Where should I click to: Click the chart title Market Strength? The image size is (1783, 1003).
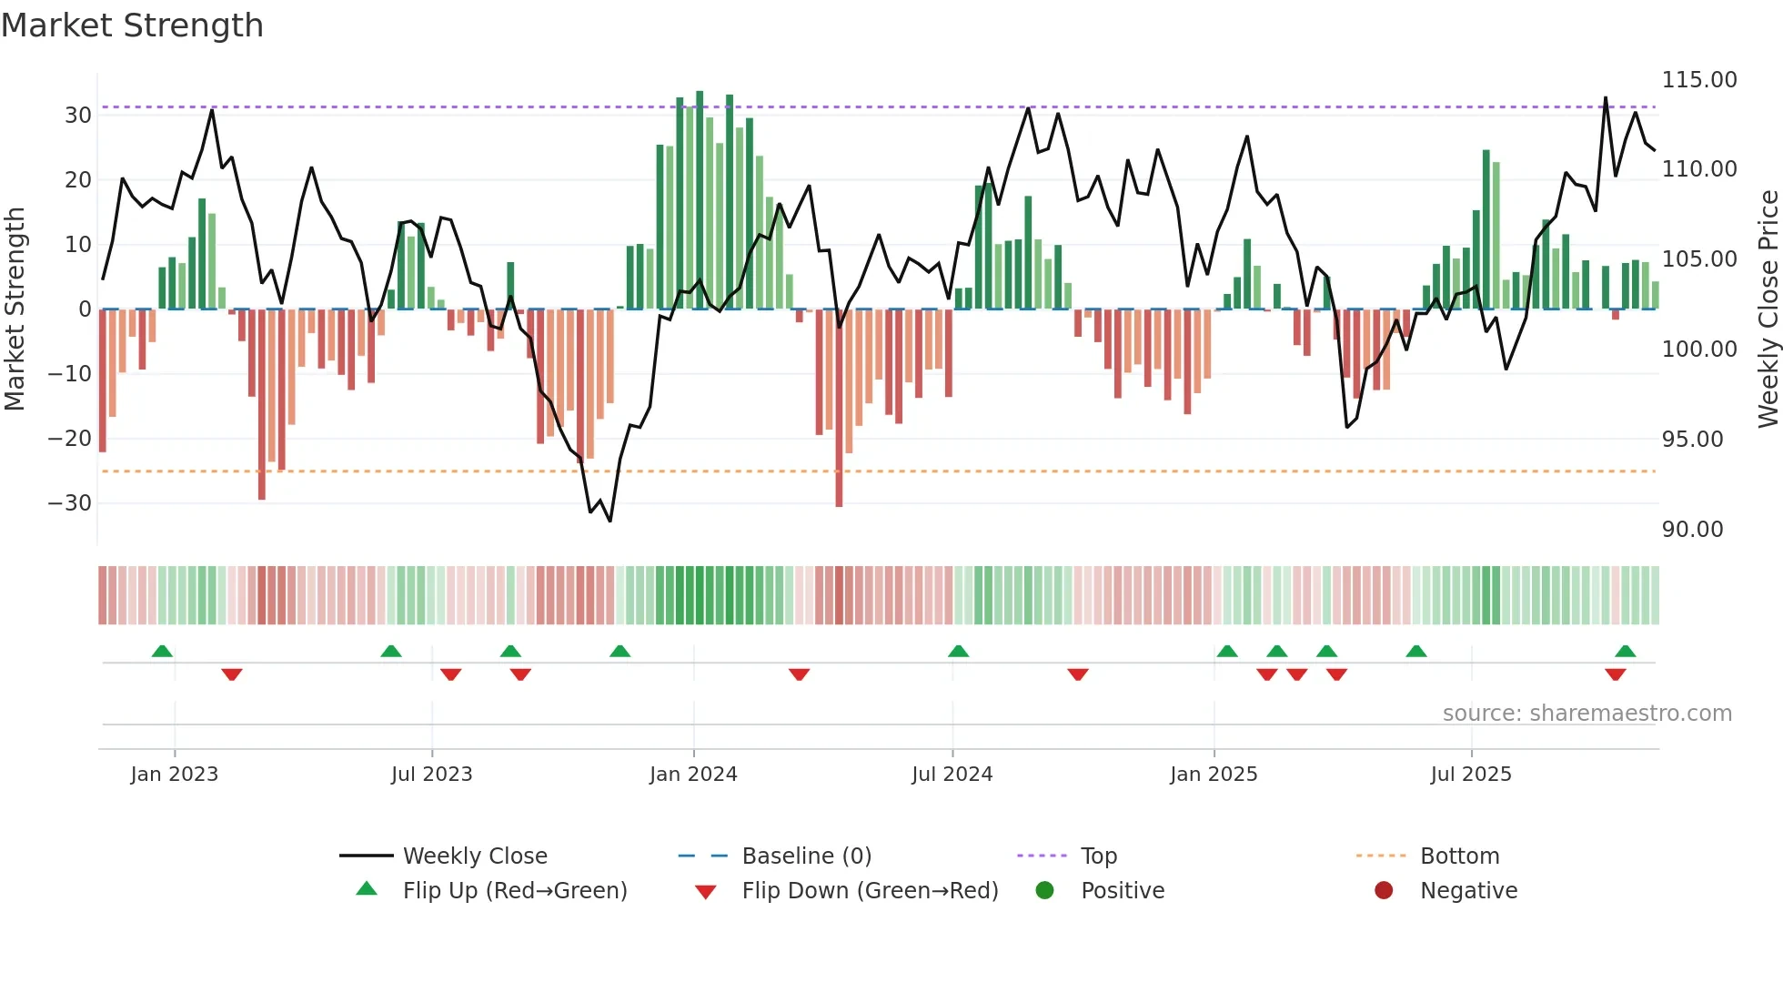click(x=132, y=25)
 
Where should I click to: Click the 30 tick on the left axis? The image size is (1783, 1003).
click(x=78, y=116)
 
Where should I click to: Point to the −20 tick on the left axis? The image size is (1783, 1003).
click(x=71, y=439)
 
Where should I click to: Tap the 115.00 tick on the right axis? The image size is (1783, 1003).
click(x=1698, y=80)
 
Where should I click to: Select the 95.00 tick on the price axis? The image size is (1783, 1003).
click(x=1692, y=440)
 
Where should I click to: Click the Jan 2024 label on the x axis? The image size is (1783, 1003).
click(x=693, y=775)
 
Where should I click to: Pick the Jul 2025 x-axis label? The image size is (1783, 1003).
click(x=1470, y=775)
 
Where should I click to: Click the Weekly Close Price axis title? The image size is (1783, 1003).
click(x=1768, y=309)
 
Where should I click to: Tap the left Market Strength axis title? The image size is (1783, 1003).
click(x=15, y=309)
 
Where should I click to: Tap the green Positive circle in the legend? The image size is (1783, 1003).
click(x=1044, y=891)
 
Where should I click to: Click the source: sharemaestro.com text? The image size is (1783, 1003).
click(x=1587, y=714)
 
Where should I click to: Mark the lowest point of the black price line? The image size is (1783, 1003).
click(x=609, y=521)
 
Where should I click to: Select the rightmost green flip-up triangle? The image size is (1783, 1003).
click(x=1625, y=652)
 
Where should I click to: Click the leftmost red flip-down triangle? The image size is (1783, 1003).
click(x=232, y=674)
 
